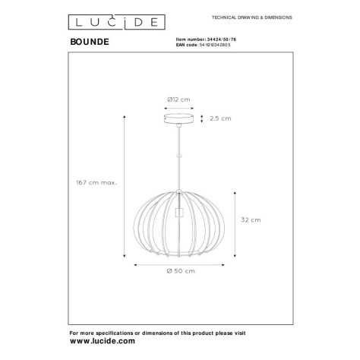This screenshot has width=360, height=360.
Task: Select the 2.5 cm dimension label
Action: pyautogui.click(x=220, y=118)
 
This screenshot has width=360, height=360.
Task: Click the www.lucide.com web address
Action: pyautogui.click(x=103, y=341)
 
